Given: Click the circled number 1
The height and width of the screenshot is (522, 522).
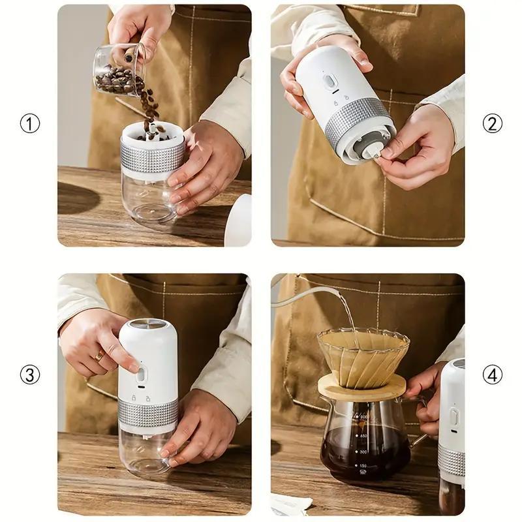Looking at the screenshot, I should pyautogui.click(x=29, y=123).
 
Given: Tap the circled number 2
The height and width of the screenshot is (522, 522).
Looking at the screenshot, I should pyautogui.click(x=493, y=123).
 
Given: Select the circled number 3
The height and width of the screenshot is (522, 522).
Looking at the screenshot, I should pyautogui.click(x=29, y=375).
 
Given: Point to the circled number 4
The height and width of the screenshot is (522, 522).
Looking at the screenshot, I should pyautogui.click(x=493, y=375).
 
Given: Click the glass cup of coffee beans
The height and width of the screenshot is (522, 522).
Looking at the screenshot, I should pyautogui.click(x=117, y=72).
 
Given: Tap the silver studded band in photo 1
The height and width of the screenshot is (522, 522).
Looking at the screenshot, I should pyautogui.click(x=152, y=159).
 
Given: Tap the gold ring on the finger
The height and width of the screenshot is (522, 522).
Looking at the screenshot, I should pyautogui.click(x=99, y=356).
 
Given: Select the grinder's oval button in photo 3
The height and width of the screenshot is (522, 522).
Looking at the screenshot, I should pyautogui.click(x=142, y=374).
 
